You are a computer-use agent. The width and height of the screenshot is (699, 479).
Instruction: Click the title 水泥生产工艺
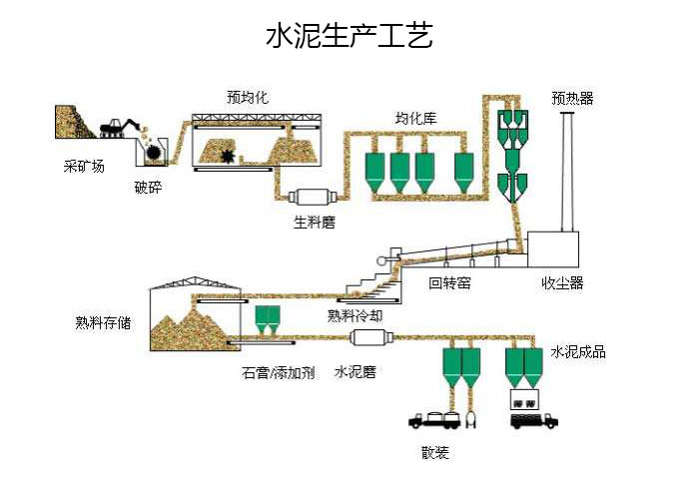349,38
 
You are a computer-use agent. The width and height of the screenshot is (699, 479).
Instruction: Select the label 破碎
148,188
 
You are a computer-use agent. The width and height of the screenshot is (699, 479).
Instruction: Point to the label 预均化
247,97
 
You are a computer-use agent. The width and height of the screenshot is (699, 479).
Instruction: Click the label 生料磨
314,223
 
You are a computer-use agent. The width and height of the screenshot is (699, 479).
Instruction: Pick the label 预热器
572,98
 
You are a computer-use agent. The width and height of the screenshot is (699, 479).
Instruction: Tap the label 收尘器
562,283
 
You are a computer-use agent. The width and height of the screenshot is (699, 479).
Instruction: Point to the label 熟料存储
103,322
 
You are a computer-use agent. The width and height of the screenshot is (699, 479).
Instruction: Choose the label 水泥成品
578,351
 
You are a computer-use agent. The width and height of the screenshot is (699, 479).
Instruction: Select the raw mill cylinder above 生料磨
310,198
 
